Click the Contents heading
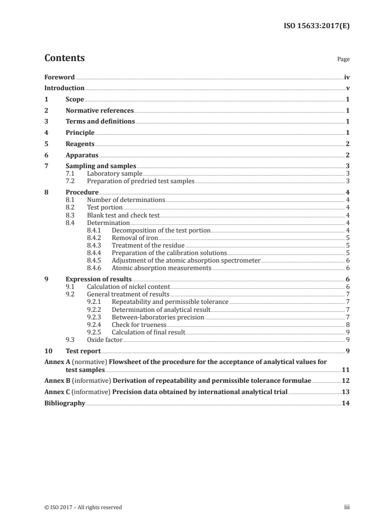(x=64, y=58)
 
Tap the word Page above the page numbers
(x=343, y=60)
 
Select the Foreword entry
(x=59, y=77)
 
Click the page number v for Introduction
(x=347, y=88)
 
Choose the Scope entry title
(x=75, y=100)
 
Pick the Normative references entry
(x=100, y=111)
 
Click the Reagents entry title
(x=80, y=144)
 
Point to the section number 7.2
(x=70, y=181)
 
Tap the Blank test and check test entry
(x=123, y=215)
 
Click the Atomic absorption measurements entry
(x=161, y=268)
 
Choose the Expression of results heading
(x=98, y=279)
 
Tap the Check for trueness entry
(x=139, y=324)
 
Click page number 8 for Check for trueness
(x=347, y=324)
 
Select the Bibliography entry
(x=64, y=403)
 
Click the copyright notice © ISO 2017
(x=83, y=507)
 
